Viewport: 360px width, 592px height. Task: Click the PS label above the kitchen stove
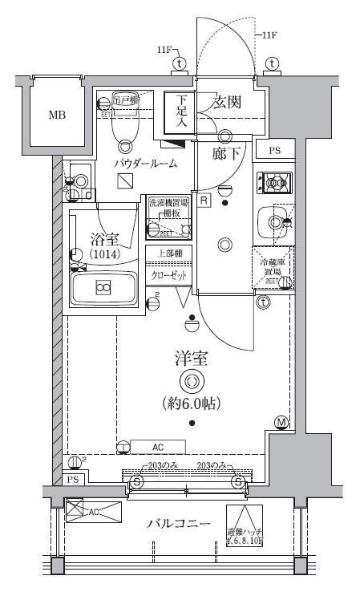pyautogui.click(x=274, y=150)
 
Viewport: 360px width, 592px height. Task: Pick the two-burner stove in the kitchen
pyautogui.click(x=273, y=184)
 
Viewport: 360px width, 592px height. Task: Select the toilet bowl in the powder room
pyautogui.click(x=124, y=124)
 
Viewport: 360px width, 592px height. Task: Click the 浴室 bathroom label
pyautogui.click(x=103, y=239)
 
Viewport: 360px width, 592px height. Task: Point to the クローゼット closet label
pyautogui.click(x=168, y=275)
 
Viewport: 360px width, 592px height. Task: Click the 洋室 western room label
pyautogui.click(x=190, y=359)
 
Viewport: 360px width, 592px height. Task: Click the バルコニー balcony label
pyautogui.click(x=178, y=524)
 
